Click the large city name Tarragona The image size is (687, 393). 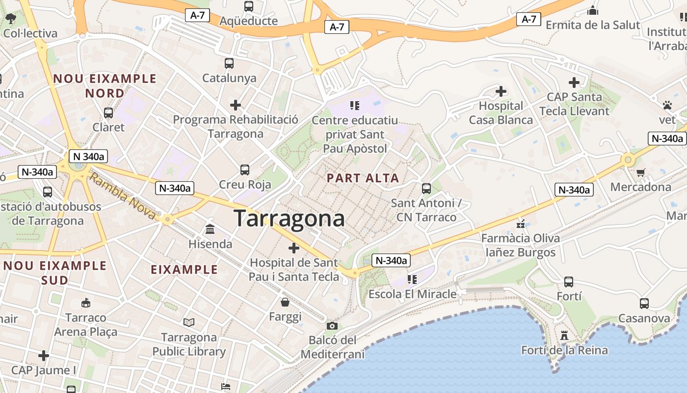pyautogui.click(x=289, y=218)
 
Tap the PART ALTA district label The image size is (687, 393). pyautogui.click(x=363, y=178)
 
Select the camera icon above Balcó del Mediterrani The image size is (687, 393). pyautogui.click(x=332, y=326)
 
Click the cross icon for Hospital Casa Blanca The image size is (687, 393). pyautogui.click(x=501, y=91)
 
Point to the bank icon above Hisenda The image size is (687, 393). pyautogui.click(x=210, y=229)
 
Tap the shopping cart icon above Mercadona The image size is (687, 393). pyautogui.click(x=640, y=172)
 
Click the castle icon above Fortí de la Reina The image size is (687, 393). pyautogui.click(x=564, y=336)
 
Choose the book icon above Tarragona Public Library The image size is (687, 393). pyautogui.click(x=189, y=322)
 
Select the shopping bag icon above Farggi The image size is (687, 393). pyautogui.click(x=285, y=302)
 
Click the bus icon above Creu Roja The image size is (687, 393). pyautogui.click(x=245, y=170)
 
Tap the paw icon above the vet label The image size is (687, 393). pyautogui.click(x=667, y=105)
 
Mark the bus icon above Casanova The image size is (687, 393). pyautogui.click(x=644, y=304)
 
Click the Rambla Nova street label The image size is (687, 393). pyautogui.click(x=123, y=198)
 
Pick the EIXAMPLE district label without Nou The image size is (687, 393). pyautogui.click(x=184, y=270)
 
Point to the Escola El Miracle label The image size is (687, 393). pyautogui.click(x=412, y=294)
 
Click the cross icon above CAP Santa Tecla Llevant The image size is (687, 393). pyautogui.click(x=574, y=83)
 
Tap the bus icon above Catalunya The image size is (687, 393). pyautogui.click(x=229, y=63)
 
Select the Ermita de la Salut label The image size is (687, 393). pyautogui.click(x=593, y=25)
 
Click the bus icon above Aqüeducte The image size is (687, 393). pyautogui.click(x=249, y=6)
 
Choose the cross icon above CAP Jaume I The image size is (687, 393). pyautogui.click(x=44, y=355)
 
